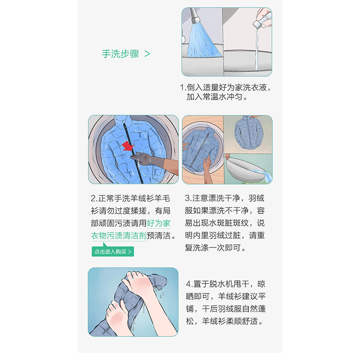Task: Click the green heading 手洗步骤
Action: (121, 54)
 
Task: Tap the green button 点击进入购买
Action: (113, 252)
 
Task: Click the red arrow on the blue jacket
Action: (128, 146)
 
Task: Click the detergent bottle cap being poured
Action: (258, 24)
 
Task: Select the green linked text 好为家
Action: (159, 223)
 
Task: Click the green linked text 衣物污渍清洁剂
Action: (119, 235)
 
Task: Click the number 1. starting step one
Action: (183, 87)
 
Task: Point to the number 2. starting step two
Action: (94, 198)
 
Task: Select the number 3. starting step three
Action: (188, 198)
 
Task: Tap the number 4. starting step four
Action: (189, 284)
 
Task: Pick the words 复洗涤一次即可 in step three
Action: (213, 248)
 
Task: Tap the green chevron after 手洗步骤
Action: (147, 54)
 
